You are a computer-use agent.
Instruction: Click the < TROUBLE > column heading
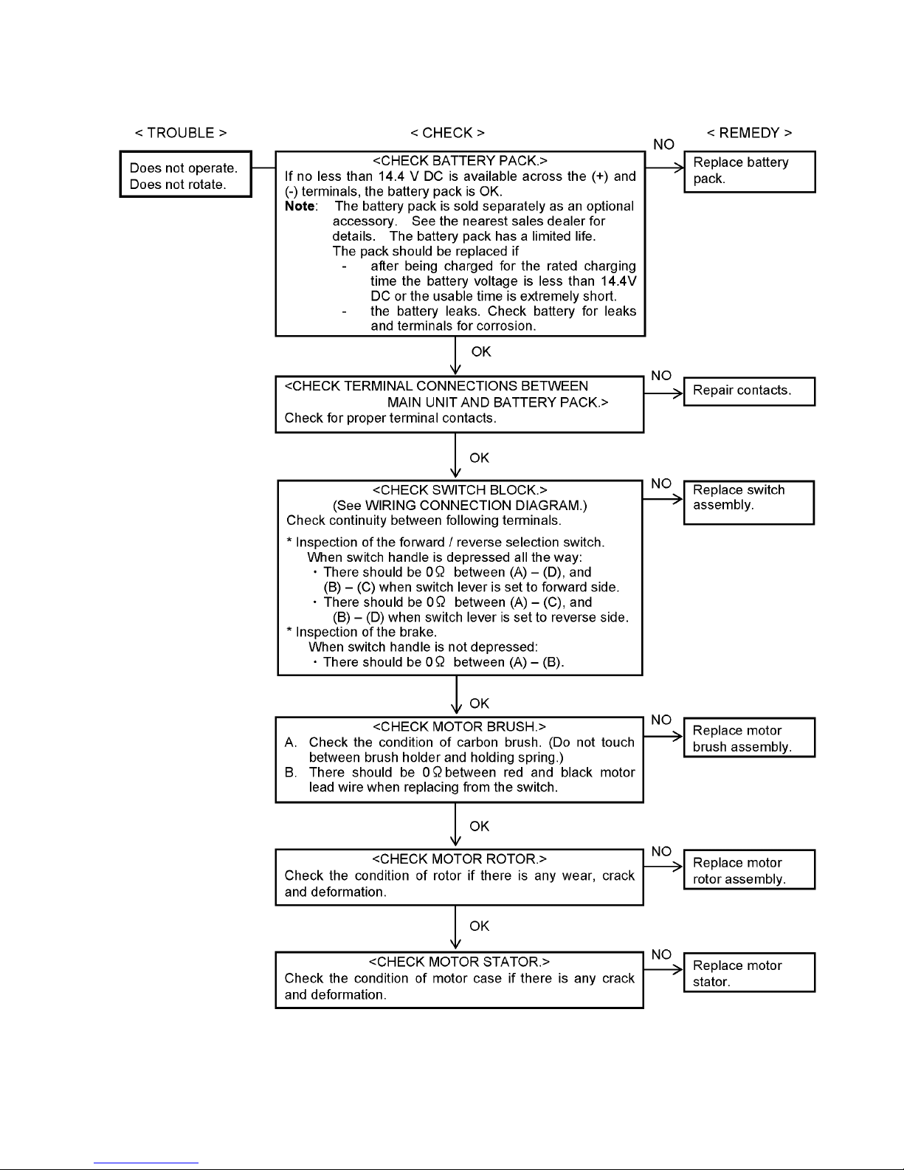pos(181,132)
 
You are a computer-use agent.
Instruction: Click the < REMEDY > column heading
pos(749,132)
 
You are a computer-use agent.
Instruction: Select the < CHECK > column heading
pos(447,132)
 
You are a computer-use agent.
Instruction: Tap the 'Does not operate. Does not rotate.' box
pos(186,174)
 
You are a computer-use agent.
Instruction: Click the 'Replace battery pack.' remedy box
pos(750,172)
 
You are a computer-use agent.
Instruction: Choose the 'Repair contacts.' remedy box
pos(749,391)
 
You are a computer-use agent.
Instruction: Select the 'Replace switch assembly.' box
pos(749,503)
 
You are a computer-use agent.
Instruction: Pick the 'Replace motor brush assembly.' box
pos(749,737)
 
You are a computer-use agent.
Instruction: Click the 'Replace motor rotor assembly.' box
pos(749,870)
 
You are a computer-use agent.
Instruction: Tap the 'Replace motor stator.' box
pos(749,972)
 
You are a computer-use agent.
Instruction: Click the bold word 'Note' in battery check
pos(300,206)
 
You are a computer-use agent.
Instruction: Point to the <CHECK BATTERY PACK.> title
pos(460,160)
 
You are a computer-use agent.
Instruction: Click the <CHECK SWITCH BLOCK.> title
pos(460,490)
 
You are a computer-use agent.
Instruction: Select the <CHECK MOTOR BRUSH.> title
pos(460,726)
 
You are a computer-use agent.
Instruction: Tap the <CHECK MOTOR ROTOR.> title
pos(460,858)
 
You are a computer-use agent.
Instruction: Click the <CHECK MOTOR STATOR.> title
pos(460,962)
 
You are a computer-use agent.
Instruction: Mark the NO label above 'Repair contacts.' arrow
pos(661,375)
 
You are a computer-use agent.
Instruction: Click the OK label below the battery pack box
pos(481,351)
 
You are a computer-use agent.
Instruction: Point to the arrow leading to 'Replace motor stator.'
pos(663,970)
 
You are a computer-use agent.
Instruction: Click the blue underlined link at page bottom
pos(146,1163)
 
